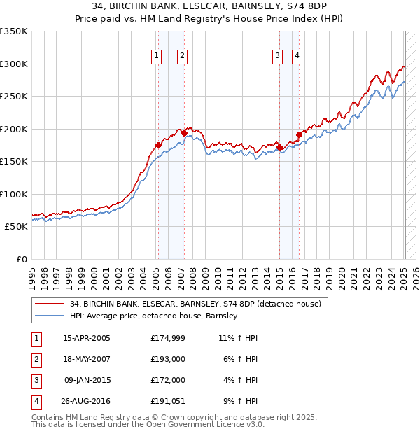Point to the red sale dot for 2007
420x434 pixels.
(184, 132)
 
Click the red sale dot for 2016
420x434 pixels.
(299, 134)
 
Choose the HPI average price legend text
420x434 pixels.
(154, 316)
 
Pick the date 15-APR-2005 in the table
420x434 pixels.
(87, 338)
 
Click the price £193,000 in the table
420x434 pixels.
(167, 359)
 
